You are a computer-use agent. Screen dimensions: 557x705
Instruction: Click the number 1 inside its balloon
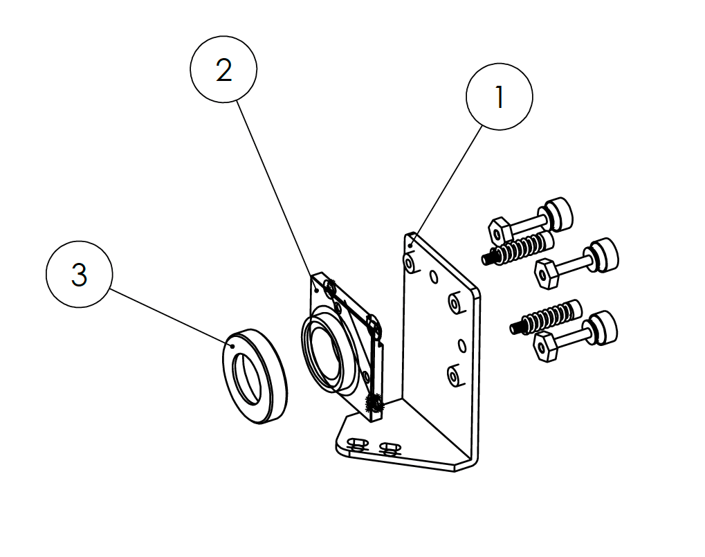click(x=500, y=98)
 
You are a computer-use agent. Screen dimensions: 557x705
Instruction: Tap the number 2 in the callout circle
click(x=223, y=70)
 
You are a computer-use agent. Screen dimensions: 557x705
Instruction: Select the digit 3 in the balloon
click(x=80, y=275)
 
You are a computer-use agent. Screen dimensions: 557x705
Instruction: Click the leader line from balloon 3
click(x=170, y=316)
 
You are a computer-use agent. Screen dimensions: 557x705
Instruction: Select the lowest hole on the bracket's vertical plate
click(x=453, y=376)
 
